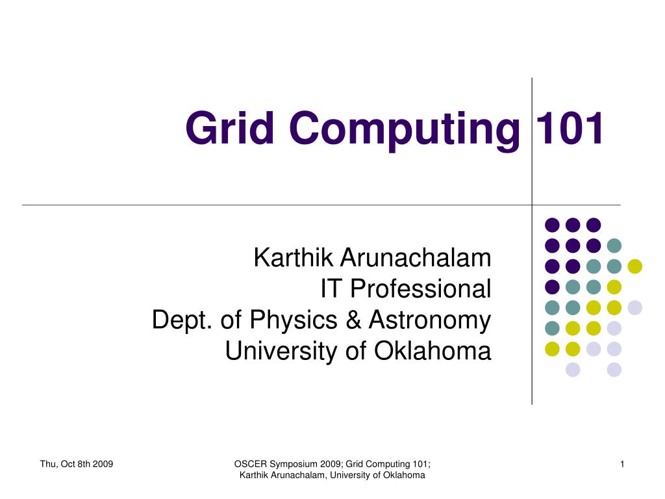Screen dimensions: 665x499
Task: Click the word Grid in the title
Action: point(229,128)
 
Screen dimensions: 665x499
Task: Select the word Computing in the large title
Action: point(405,130)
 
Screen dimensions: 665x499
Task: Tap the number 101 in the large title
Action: point(569,128)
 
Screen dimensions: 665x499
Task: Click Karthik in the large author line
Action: point(293,257)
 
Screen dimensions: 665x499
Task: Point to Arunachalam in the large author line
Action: point(416,257)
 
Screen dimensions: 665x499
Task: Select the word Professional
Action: point(420,288)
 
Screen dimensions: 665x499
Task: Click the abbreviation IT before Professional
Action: point(331,288)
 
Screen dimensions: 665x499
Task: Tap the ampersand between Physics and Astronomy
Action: point(353,320)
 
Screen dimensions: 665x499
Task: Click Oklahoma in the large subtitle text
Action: point(432,351)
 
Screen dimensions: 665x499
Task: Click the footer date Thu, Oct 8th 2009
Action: point(77,464)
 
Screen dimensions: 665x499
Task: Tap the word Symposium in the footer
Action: point(294,465)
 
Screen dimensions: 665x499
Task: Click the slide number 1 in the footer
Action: point(622,464)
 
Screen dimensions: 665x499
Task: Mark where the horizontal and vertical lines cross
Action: point(532,205)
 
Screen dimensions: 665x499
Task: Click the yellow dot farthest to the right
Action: point(634,266)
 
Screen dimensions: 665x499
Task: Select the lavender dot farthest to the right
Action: point(634,307)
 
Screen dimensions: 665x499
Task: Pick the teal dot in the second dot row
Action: point(614,245)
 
